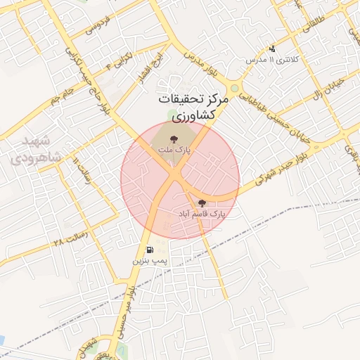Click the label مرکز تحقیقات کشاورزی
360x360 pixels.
click(193, 106)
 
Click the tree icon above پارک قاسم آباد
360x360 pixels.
click(202, 202)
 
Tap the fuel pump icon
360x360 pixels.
click(150, 250)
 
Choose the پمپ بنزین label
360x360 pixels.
click(150, 261)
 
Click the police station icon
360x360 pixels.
click(273, 49)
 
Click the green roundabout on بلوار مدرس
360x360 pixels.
click(234, 89)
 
